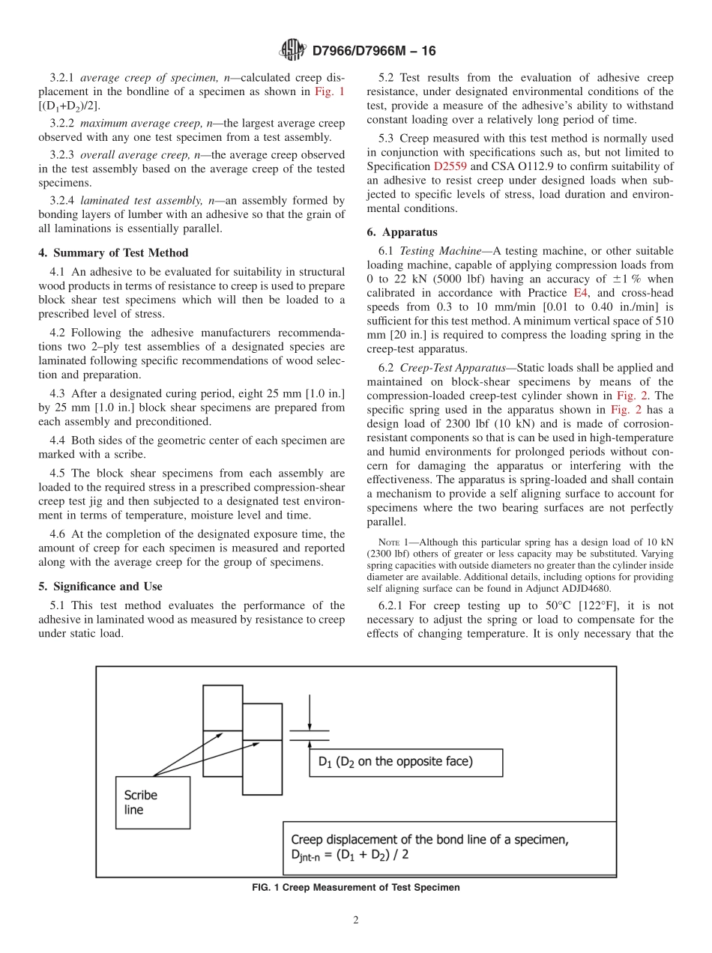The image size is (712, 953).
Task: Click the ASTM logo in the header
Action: pos(292,50)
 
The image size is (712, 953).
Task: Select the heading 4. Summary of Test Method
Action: pos(113,252)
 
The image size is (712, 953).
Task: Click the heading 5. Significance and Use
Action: pos(100,586)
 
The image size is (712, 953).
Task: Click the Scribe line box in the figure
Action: pos(152,802)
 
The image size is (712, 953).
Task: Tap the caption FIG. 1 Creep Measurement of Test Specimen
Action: pos(356,887)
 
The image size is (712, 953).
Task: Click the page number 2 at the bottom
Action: pos(356,921)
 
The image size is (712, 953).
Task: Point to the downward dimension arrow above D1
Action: pos(310,712)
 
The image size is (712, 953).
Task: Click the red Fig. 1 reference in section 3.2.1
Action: pos(331,91)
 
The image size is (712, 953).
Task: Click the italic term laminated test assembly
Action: pos(134,200)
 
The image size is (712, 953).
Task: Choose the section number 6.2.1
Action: pos(393,605)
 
